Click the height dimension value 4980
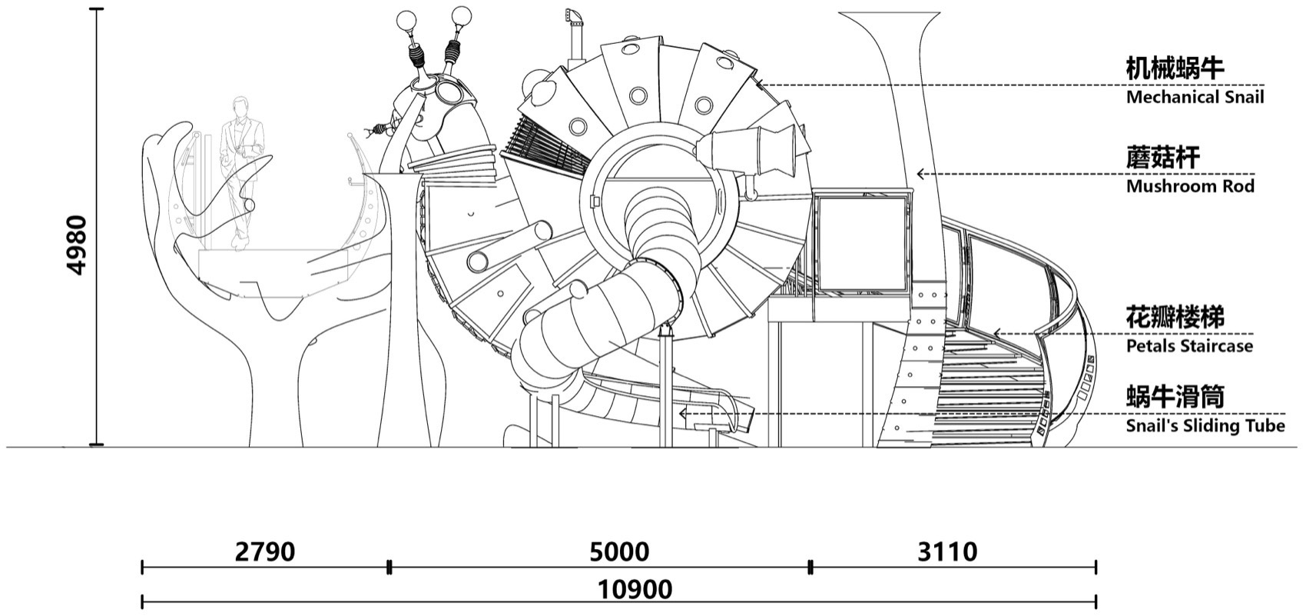77,245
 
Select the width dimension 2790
265,551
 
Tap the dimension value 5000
619,551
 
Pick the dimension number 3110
947,551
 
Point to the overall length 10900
635,590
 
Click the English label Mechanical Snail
1195,97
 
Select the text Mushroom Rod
1190,186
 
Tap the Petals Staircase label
1189,345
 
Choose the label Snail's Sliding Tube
1205,425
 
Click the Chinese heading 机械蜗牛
1174,69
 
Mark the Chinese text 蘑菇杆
1162,158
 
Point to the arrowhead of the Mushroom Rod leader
920,174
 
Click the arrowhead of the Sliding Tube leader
683,414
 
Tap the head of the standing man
238,108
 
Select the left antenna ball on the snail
406,21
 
